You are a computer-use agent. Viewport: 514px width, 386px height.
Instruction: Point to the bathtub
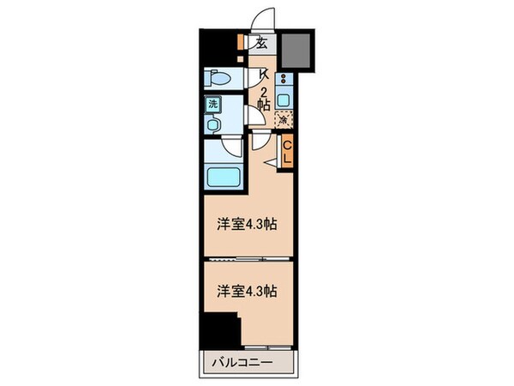pos(222,179)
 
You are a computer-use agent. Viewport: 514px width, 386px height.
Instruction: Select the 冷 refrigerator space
pos(283,122)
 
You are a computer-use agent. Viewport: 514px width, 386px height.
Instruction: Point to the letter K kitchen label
pos(265,75)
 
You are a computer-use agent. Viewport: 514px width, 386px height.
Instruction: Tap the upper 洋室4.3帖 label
pos(245,224)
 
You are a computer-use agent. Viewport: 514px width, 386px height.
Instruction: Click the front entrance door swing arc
pos(266,20)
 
